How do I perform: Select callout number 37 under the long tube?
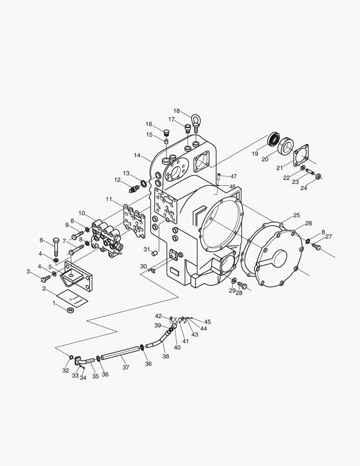point(125,368)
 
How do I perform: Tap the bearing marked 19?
point(273,139)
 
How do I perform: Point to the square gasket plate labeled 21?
point(301,156)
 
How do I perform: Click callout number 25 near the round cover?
point(296,215)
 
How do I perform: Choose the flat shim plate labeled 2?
point(72,297)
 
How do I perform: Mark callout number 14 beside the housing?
point(137,155)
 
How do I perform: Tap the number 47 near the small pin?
point(233,176)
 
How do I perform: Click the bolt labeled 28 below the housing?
point(242,285)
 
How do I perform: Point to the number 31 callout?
point(146,249)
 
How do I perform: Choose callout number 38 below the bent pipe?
point(166,356)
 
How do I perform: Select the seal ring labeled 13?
point(143,178)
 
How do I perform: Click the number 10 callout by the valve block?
point(81,213)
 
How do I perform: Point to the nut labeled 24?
point(318,176)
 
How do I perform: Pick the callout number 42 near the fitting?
point(158,316)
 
